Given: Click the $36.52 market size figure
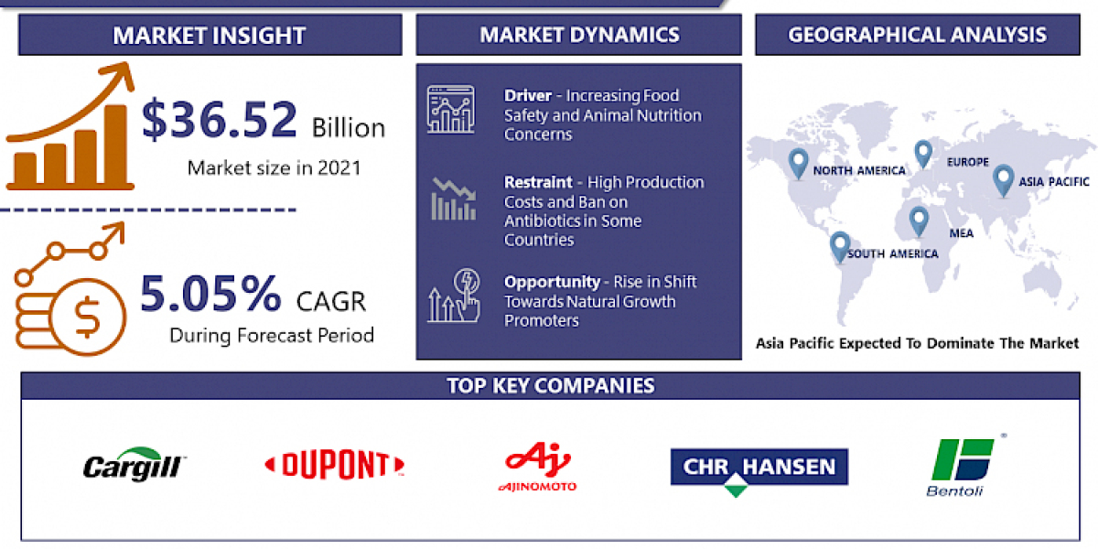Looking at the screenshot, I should [220, 120].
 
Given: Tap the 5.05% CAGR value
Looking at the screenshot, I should [210, 293].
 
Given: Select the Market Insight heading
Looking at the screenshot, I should [209, 36].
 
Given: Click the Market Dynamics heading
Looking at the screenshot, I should [579, 36].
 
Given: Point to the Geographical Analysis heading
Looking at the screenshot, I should [918, 36].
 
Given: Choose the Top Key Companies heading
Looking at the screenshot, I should [551, 385].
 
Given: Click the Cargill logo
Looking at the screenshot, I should [135, 465].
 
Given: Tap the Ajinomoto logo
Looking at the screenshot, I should [537, 467].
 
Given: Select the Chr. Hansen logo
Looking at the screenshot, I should [759, 468].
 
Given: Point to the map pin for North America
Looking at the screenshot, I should [799, 163].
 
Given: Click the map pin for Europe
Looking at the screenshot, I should [922, 153].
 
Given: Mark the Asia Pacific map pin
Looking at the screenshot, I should [1003, 179].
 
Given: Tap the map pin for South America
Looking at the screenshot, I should [839, 246].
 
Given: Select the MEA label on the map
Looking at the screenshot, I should [961, 233].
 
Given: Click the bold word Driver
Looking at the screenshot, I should [527, 95].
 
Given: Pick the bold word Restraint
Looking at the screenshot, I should [539, 182].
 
